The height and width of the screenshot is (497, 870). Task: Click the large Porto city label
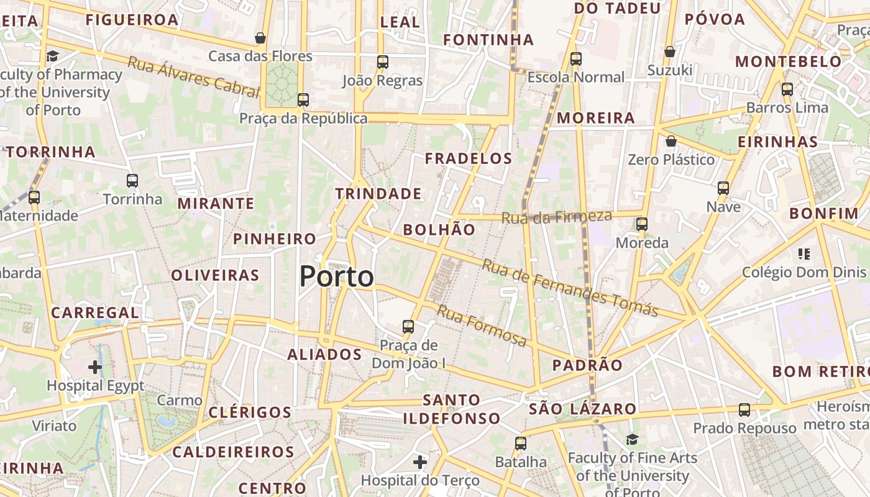[337, 276]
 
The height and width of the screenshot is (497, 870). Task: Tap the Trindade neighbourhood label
[378, 194]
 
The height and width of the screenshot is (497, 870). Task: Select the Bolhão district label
[439, 230]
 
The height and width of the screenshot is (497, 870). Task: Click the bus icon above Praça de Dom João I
[408, 326]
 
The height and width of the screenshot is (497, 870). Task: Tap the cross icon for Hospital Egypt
[95, 367]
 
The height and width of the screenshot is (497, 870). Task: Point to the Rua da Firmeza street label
[556, 217]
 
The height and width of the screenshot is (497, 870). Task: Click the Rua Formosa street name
[482, 326]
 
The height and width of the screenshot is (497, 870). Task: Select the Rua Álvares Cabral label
[193, 77]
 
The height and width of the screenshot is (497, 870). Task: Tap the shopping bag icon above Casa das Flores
[260, 38]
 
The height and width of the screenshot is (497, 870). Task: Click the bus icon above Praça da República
[303, 99]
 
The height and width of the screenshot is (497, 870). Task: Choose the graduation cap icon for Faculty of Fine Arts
[632, 439]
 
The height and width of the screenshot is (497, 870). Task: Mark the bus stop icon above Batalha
[521, 444]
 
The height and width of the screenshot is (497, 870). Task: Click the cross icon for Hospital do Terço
[420, 462]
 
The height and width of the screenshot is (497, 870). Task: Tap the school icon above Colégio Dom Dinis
[804, 253]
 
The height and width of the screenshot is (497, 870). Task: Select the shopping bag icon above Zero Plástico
[671, 141]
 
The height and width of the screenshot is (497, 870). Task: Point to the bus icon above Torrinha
[132, 181]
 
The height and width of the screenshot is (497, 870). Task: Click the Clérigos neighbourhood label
[250, 413]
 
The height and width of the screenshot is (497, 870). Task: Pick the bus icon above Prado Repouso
[744, 410]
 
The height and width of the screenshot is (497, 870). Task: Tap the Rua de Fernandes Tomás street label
[570, 288]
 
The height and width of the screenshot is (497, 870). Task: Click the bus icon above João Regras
[383, 62]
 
